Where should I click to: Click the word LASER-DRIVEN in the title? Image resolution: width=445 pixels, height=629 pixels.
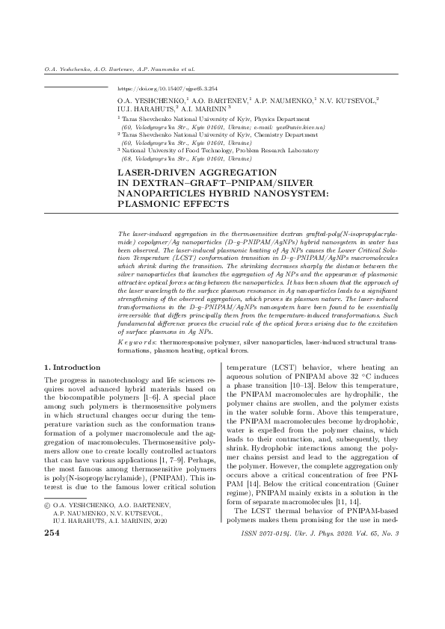[151, 173]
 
